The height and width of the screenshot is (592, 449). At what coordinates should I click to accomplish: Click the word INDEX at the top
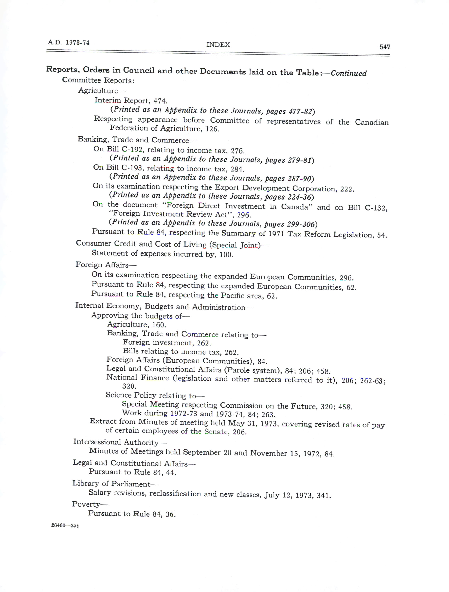click(218, 45)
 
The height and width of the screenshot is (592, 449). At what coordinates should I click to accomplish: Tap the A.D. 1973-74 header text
click(68, 43)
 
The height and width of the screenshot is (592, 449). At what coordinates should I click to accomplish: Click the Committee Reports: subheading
click(98, 80)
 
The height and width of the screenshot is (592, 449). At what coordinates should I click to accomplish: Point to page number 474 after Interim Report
click(160, 101)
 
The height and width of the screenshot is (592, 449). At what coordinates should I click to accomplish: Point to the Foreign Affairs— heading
click(106, 265)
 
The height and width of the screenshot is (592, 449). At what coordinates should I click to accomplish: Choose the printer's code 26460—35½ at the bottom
click(65, 525)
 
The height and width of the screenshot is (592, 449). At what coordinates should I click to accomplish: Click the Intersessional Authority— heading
click(120, 442)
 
